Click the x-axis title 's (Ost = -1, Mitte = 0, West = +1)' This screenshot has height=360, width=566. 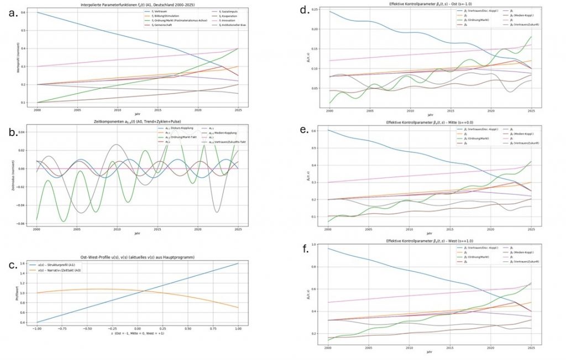coord(137,334)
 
